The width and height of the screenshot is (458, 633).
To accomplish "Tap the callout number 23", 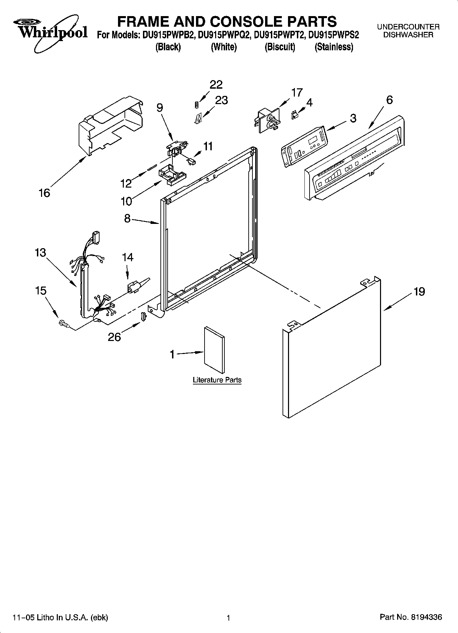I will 221,100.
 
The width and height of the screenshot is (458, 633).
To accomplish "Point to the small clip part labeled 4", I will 294,115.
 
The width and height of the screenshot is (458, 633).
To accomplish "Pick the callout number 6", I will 389,100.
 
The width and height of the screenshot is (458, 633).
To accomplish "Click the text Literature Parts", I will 217,380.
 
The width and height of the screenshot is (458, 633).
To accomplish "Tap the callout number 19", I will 419,292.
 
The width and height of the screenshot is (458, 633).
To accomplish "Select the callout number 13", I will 40,253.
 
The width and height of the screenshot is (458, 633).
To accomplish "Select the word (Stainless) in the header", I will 333,47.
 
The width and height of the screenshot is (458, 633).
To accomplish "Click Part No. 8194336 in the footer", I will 411,617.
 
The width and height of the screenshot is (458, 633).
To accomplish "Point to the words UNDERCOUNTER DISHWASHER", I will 408,30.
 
